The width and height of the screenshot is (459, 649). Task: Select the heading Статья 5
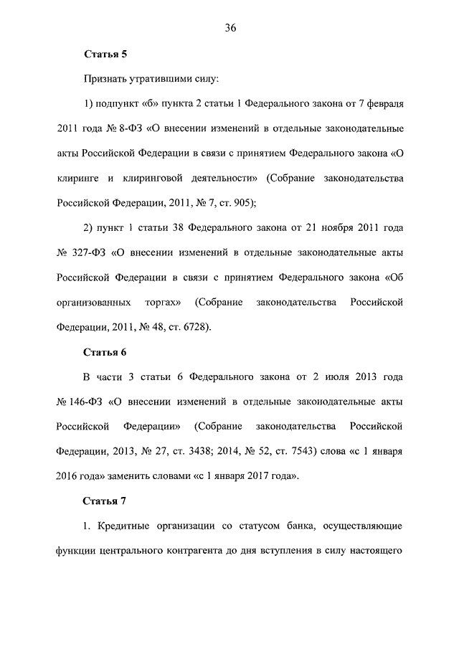pyautogui.click(x=105, y=53)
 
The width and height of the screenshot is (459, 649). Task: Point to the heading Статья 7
pyautogui.click(x=105, y=501)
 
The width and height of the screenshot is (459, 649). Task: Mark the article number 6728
pyautogui.click(x=193, y=327)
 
